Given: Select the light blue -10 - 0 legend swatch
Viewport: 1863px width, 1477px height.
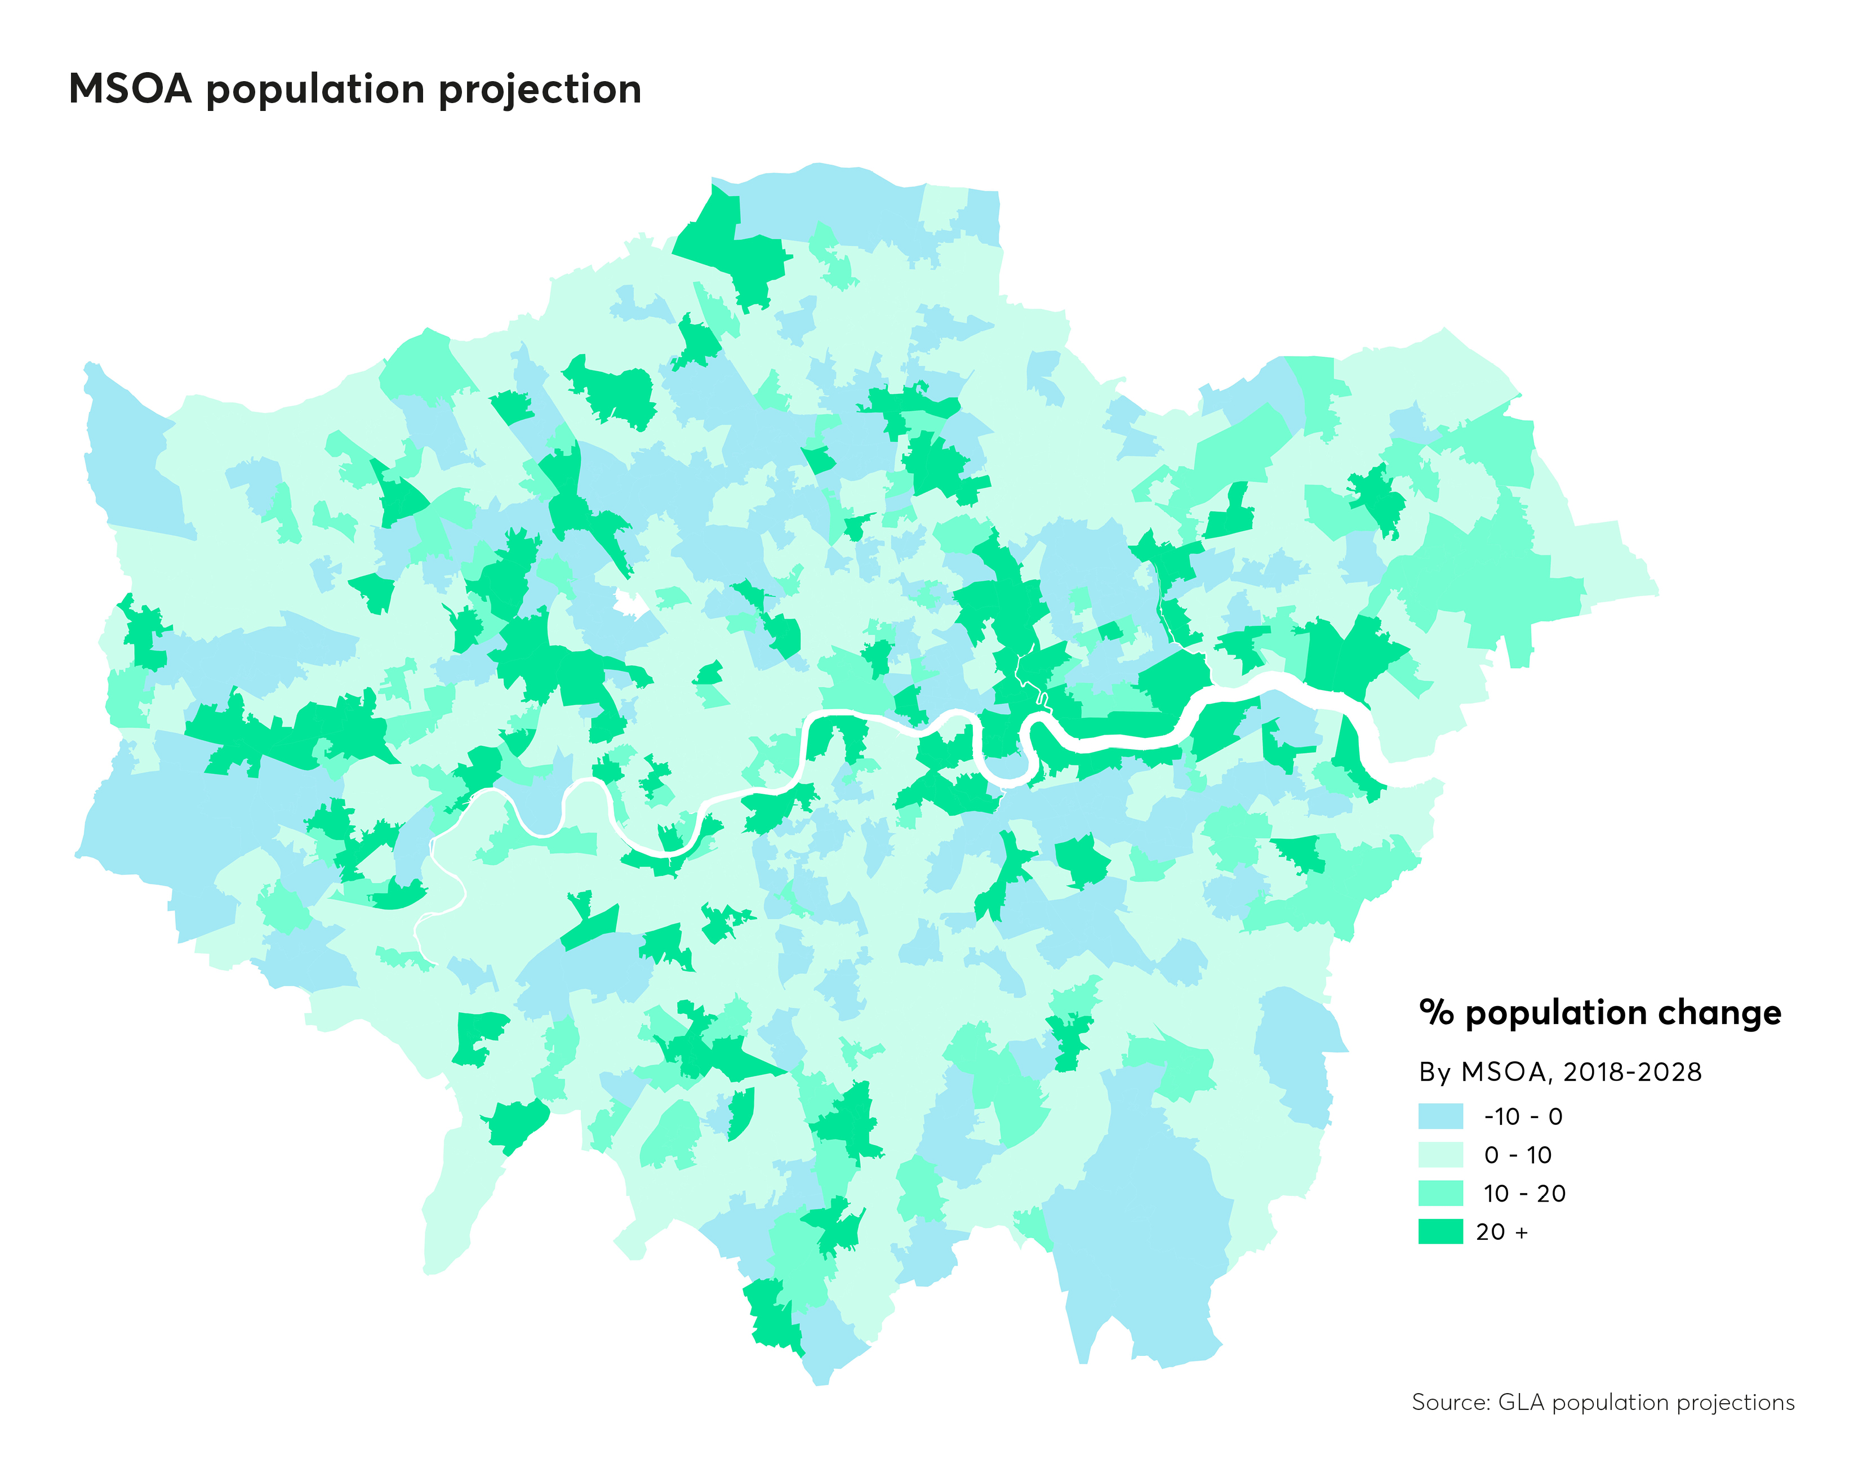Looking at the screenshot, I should pyautogui.click(x=1440, y=1116).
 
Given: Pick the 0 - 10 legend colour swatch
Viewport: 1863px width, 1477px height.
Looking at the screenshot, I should pyautogui.click(x=1440, y=1155).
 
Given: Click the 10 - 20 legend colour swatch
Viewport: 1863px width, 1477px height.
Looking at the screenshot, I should pyautogui.click(x=1440, y=1193).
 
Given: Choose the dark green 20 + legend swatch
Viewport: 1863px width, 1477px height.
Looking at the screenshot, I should pyautogui.click(x=1440, y=1231).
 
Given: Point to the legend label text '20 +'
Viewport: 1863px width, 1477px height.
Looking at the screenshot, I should pyautogui.click(x=1502, y=1231).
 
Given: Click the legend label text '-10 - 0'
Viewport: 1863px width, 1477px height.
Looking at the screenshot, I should pyautogui.click(x=1523, y=1116).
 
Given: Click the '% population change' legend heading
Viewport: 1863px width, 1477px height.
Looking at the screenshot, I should pyautogui.click(x=1599, y=1012).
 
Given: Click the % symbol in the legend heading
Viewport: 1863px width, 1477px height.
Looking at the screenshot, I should pyautogui.click(x=1436, y=1012).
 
